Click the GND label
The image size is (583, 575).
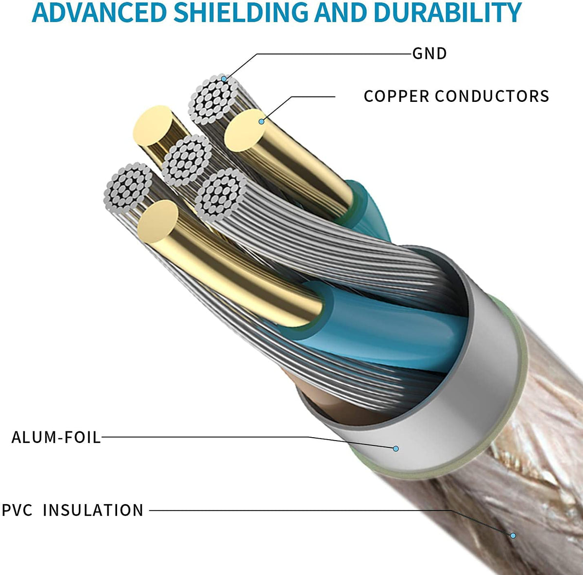pyautogui.click(x=429, y=53)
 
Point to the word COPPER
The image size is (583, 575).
pyautogui.click(x=396, y=96)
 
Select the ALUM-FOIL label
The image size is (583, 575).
pyautogui.click(x=56, y=437)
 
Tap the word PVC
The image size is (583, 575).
pyautogui.click(x=17, y=510)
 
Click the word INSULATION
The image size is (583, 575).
pyautogui.click(x=93, y=510)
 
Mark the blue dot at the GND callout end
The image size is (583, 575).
pyautogui.click(x=224, y=79)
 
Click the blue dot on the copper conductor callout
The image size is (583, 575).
pyautogui.click(x=261, y=121)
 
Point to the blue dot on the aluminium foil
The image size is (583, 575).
pyautogui.click(x=396, y=448)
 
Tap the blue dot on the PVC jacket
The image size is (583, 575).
pyautogui.click(x=512, y=536)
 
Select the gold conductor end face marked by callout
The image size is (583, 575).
pyautogui.click(x=248, y=129)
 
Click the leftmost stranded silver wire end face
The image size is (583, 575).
pyautogui.click(x=127, y=187)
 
